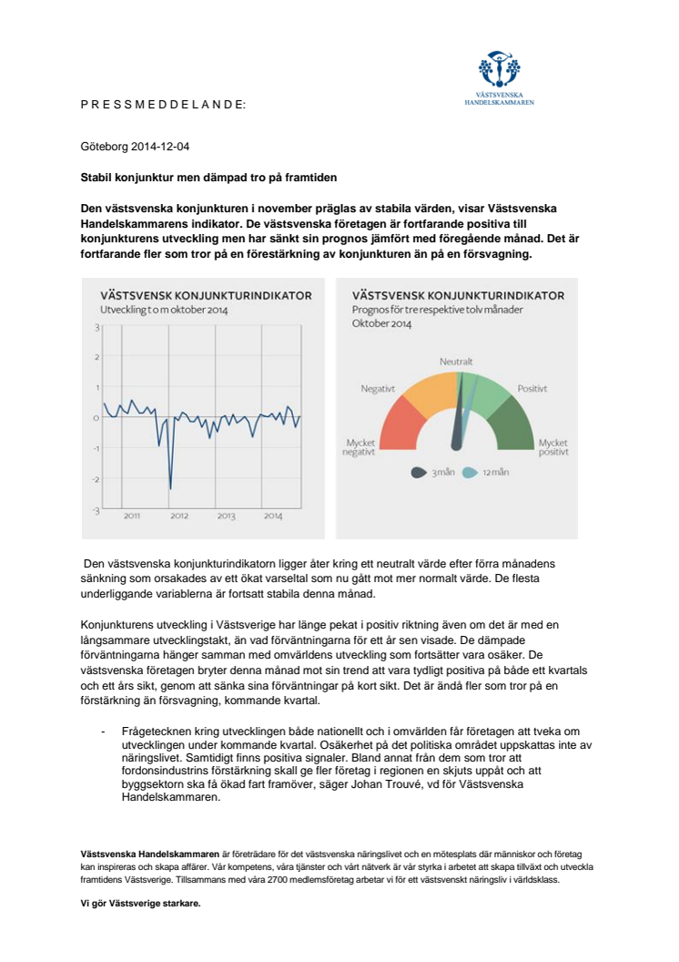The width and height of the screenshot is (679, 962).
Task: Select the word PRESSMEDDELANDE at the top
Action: pos(163,105)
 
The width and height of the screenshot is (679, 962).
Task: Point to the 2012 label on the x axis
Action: pos(179,517)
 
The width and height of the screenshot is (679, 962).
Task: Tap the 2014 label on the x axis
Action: pos(273,517)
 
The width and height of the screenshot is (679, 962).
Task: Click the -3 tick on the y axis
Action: pos(96,510)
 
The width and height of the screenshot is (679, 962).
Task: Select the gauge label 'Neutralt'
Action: pos(457,361)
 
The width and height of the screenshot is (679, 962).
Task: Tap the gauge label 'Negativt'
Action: pos(378,388)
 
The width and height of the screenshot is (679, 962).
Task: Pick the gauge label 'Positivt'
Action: pos(532,388)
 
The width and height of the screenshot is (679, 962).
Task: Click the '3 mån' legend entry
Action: pos(432,473)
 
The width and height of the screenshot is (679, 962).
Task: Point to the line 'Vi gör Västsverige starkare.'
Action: pos(140,903)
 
